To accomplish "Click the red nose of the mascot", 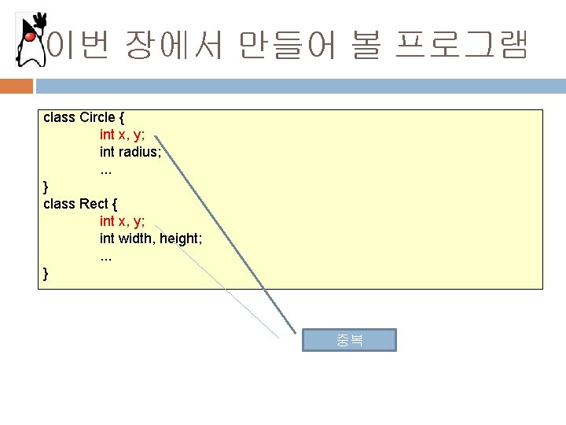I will pyautogui.click(x=29, y=35).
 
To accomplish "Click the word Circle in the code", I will pyautogui.click(x=97, y=117).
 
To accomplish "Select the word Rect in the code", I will pyautogui.click(x=94, y=204).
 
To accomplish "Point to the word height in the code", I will pyautogui.click(x=180, y=238).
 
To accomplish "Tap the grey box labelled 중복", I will pyautogui.click(x=350, y=340).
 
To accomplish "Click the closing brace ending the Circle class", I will pyautogui.click(x=46, y=187).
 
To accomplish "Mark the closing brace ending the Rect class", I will pyautogui.click(x=46, y=273).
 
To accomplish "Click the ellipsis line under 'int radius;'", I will pyautogui.click(x=106, y=169).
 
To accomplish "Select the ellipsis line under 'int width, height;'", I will pyautogui.click(x=106, y=256).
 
